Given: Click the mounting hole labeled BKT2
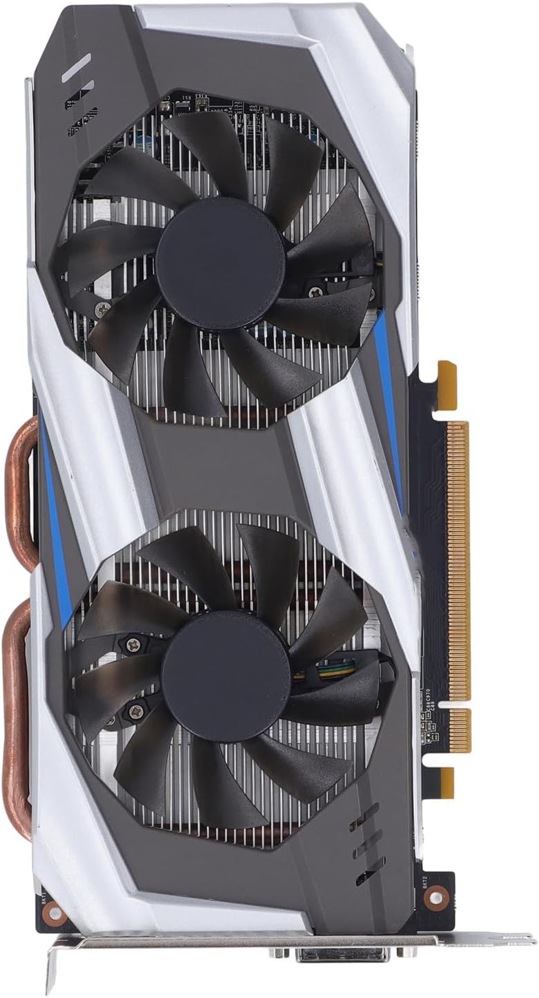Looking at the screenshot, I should click(435, 896).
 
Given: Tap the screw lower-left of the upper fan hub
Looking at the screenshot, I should click(103, 308).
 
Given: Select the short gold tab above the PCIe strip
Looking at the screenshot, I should click(447, 376).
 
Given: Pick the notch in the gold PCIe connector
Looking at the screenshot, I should click(452, 704).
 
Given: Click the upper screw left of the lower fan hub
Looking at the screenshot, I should click(132, 644).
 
